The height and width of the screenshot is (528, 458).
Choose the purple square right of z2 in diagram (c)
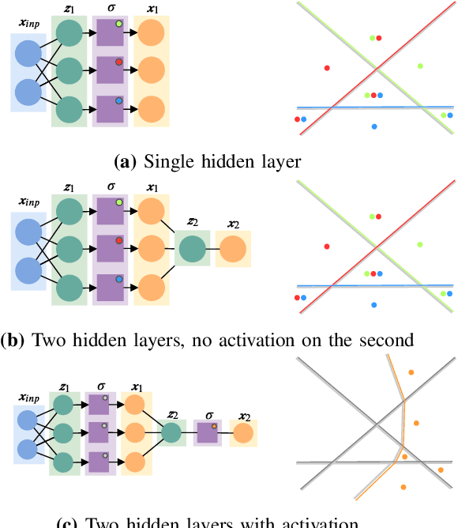(208, 432)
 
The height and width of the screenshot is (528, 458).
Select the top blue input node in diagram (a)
(28, 54)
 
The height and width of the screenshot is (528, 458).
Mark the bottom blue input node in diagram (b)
(28, 270)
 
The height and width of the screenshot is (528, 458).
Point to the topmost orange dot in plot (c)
(411, 371)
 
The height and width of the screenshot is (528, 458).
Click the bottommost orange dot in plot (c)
(404, 487)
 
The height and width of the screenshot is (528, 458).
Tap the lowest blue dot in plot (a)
(374, 126)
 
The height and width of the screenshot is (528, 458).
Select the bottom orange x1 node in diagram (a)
(151, 107)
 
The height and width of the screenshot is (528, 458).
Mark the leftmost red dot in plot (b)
(298, 298)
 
